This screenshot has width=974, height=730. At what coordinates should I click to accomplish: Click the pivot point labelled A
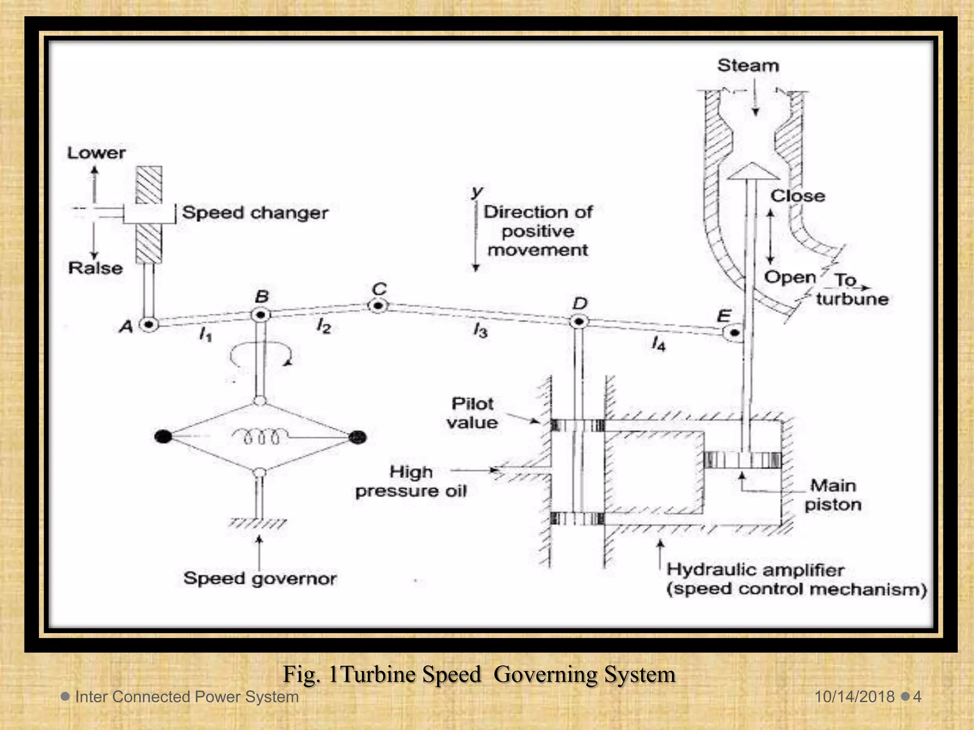coord(149,325)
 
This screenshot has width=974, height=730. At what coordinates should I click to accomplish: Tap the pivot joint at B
coord(261,315)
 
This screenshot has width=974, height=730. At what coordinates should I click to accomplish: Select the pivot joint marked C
coord(378,306)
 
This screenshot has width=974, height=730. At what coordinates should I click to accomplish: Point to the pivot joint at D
coord(579,322)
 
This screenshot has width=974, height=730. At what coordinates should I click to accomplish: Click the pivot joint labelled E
coord(734,333)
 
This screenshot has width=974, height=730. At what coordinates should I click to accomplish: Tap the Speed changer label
coord(255,212)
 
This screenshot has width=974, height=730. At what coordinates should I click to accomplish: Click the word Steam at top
coord(748,66)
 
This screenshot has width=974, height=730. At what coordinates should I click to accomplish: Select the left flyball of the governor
coord(163,436)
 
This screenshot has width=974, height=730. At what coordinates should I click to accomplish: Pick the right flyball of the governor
coord(358,437)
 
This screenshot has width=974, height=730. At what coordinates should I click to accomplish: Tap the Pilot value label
coord(472,413)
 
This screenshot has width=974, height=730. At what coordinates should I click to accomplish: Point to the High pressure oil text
coord(411,481)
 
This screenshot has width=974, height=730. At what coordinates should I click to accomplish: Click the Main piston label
coord(833,495)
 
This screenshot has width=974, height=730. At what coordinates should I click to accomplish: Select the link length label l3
coord(480,330)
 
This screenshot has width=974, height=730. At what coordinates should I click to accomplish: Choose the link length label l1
coord(205,335)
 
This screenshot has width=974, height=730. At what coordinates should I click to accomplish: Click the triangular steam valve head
coord(751,172)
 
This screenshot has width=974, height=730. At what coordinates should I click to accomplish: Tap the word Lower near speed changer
coord(96,153)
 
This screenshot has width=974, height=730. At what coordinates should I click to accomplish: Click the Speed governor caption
coord(260,578)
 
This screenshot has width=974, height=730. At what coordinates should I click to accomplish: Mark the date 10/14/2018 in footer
coord(854,697)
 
